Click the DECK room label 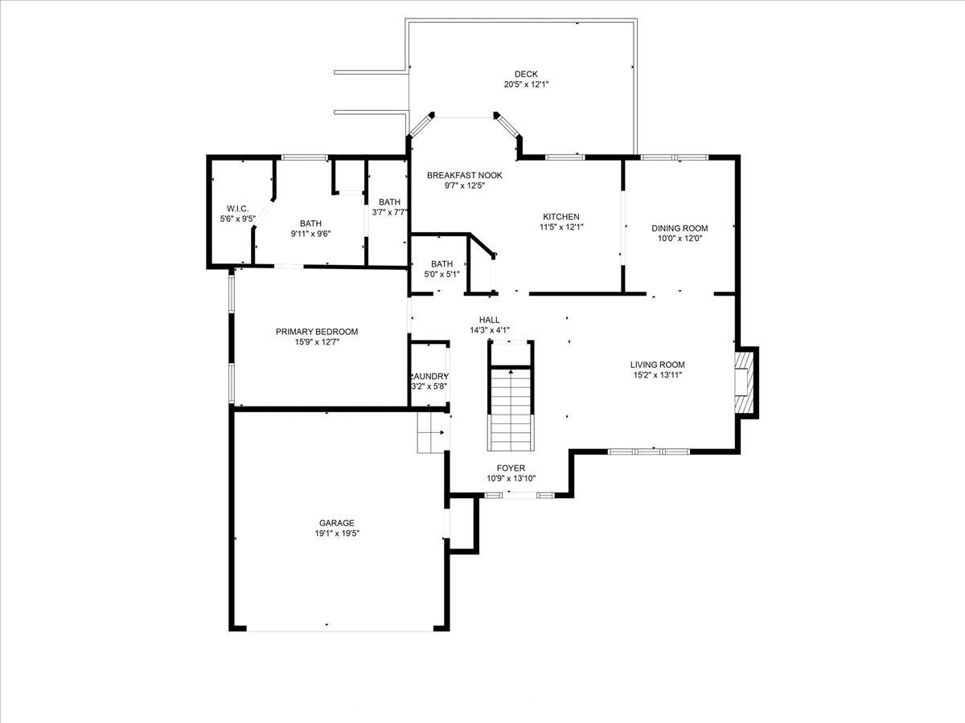point(526,74)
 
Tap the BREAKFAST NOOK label point(464,176)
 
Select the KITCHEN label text point(561,217)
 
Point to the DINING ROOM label point(680,228)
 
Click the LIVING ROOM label point(657,365)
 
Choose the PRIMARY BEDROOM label point(317,332)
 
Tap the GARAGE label point(336,523)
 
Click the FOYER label point(511,468)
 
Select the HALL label point(489,320)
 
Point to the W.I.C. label point(237,209)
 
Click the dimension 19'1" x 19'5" point(337,533)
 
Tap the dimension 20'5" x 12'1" point(526,84)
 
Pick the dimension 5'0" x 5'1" point(441,275)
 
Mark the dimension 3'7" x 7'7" point(389,212)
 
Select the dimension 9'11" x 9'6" point(310,234)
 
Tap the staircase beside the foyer point(511,409)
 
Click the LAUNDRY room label point(429,376)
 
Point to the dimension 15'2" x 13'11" point(657,375)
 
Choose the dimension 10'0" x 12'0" point(680,239)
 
